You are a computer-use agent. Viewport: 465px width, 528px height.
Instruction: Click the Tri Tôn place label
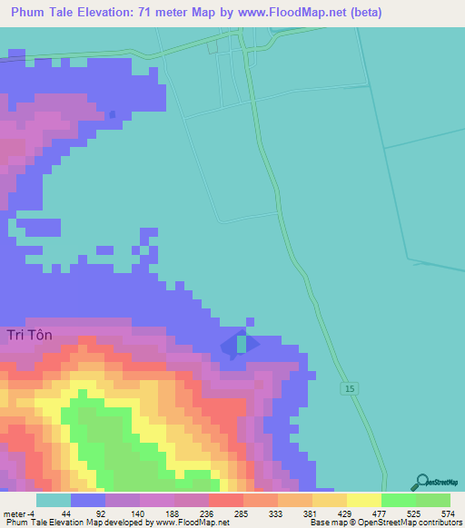pyautogui.click(x=30, y=335)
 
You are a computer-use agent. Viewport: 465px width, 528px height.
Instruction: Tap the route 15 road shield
pyautogui.click(x=350, y=388)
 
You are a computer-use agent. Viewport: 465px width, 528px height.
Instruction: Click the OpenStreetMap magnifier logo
pyautogui.click(x=420, y=482)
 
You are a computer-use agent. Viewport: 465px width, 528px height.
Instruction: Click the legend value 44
pyautogui.click(x=64, y=513)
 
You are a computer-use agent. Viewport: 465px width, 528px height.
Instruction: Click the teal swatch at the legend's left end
pyautogui.click(x=54, y=500)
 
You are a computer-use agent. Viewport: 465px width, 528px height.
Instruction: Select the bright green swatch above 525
pyautogui.click(x=399, y=500)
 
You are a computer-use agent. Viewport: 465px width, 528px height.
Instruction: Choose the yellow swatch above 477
pyautogui.click(x=364, y=500)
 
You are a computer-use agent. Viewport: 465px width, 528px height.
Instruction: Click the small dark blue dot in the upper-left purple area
pyautogui.click(x=113, y=114)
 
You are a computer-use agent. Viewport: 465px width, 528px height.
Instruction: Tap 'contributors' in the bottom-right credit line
pyautogui.click(x=439, y=523)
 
